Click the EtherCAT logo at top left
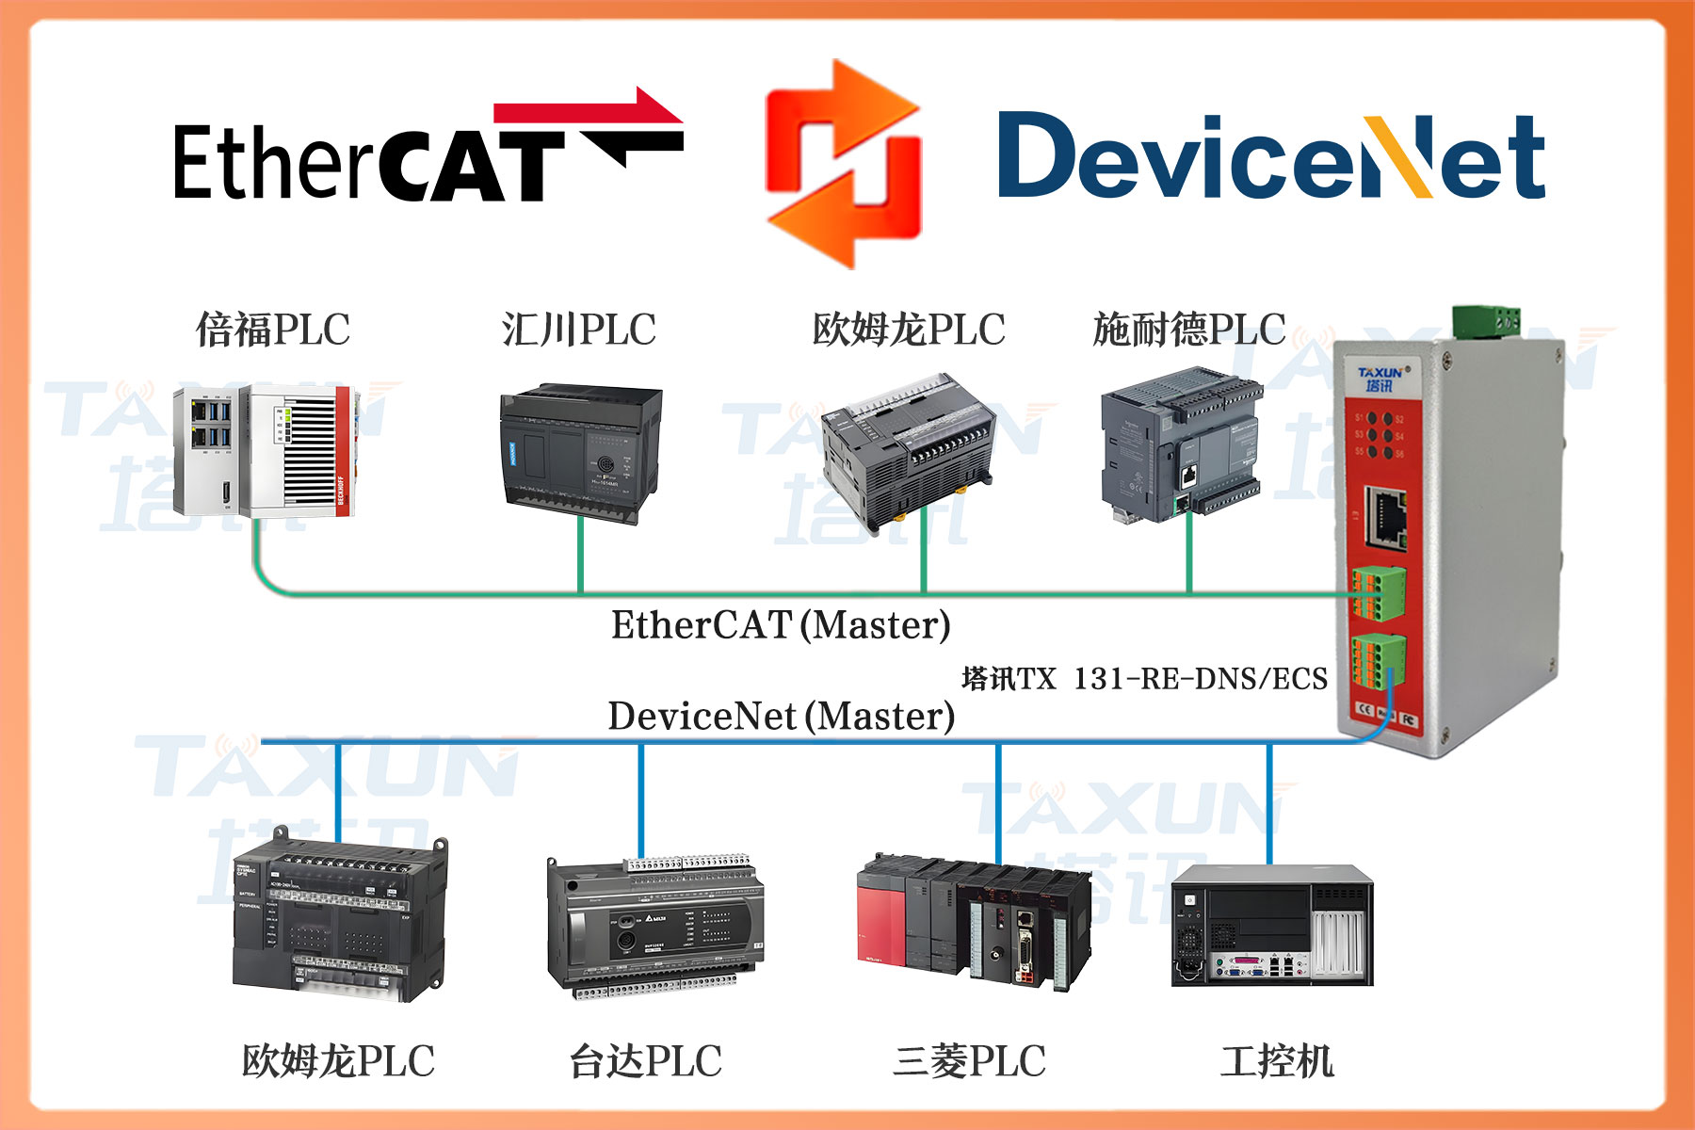428,151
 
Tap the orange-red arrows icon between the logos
844,165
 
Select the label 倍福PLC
273,331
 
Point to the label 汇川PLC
578,331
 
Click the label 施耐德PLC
1189,331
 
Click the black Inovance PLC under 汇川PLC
580,452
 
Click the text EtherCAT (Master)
781,625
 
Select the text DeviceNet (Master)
781,717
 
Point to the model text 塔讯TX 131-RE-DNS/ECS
1144,679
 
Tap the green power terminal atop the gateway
1487,321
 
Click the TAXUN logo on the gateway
1380,379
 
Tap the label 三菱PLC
969,1061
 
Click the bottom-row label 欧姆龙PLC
338,1061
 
